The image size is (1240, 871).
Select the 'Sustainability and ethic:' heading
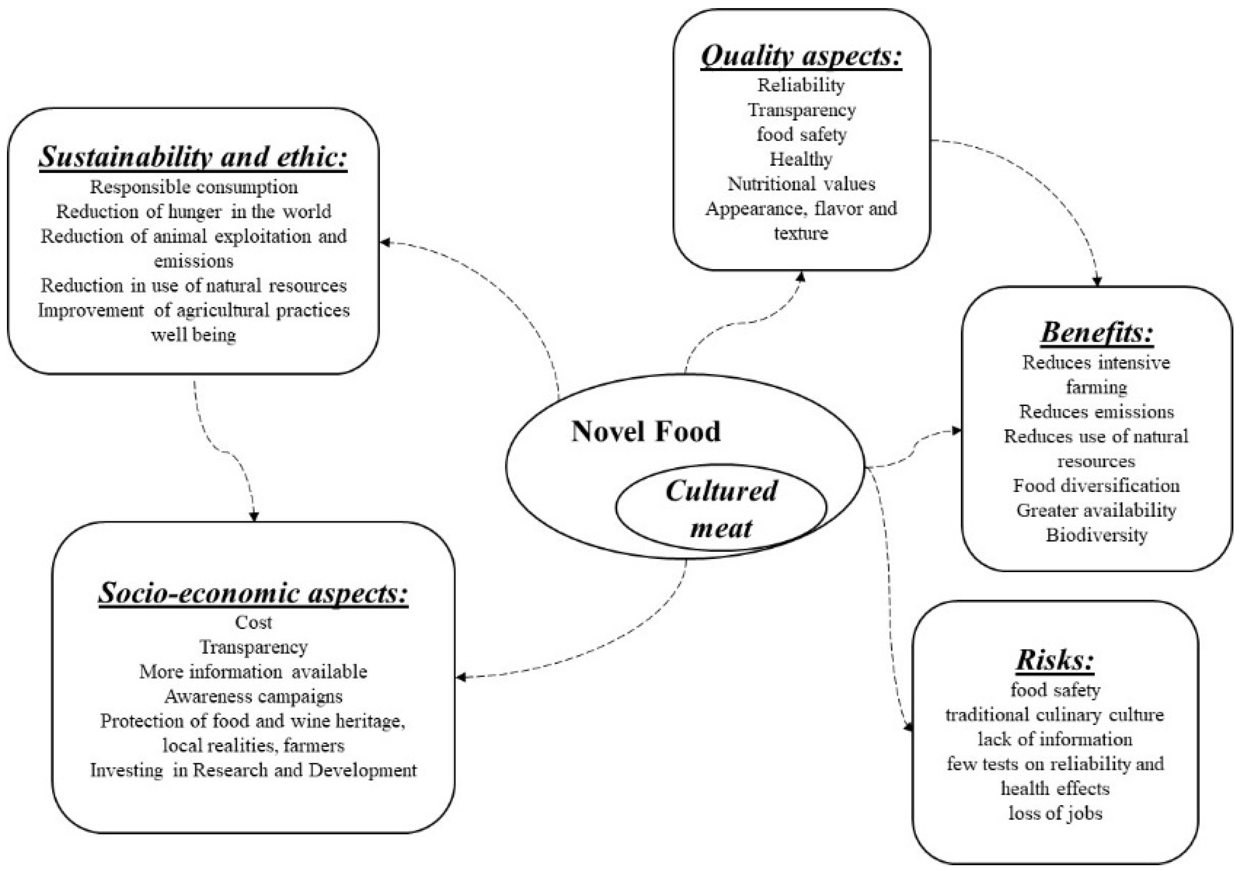point(193,157)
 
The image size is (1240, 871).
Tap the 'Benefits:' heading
point(1096,332)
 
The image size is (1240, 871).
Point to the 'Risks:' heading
point(1054,660)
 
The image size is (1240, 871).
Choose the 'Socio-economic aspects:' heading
point(253,593)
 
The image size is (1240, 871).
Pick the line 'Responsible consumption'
point(194,187)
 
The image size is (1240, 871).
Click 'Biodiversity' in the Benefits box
point(1096,535)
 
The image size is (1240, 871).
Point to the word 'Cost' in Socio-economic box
point(253,622)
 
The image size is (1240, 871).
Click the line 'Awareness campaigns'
point(253,696)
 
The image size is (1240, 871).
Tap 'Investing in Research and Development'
point(253,770)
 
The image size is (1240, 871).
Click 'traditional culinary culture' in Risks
point(1055,715)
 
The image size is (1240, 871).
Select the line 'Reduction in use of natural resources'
point(194,285)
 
